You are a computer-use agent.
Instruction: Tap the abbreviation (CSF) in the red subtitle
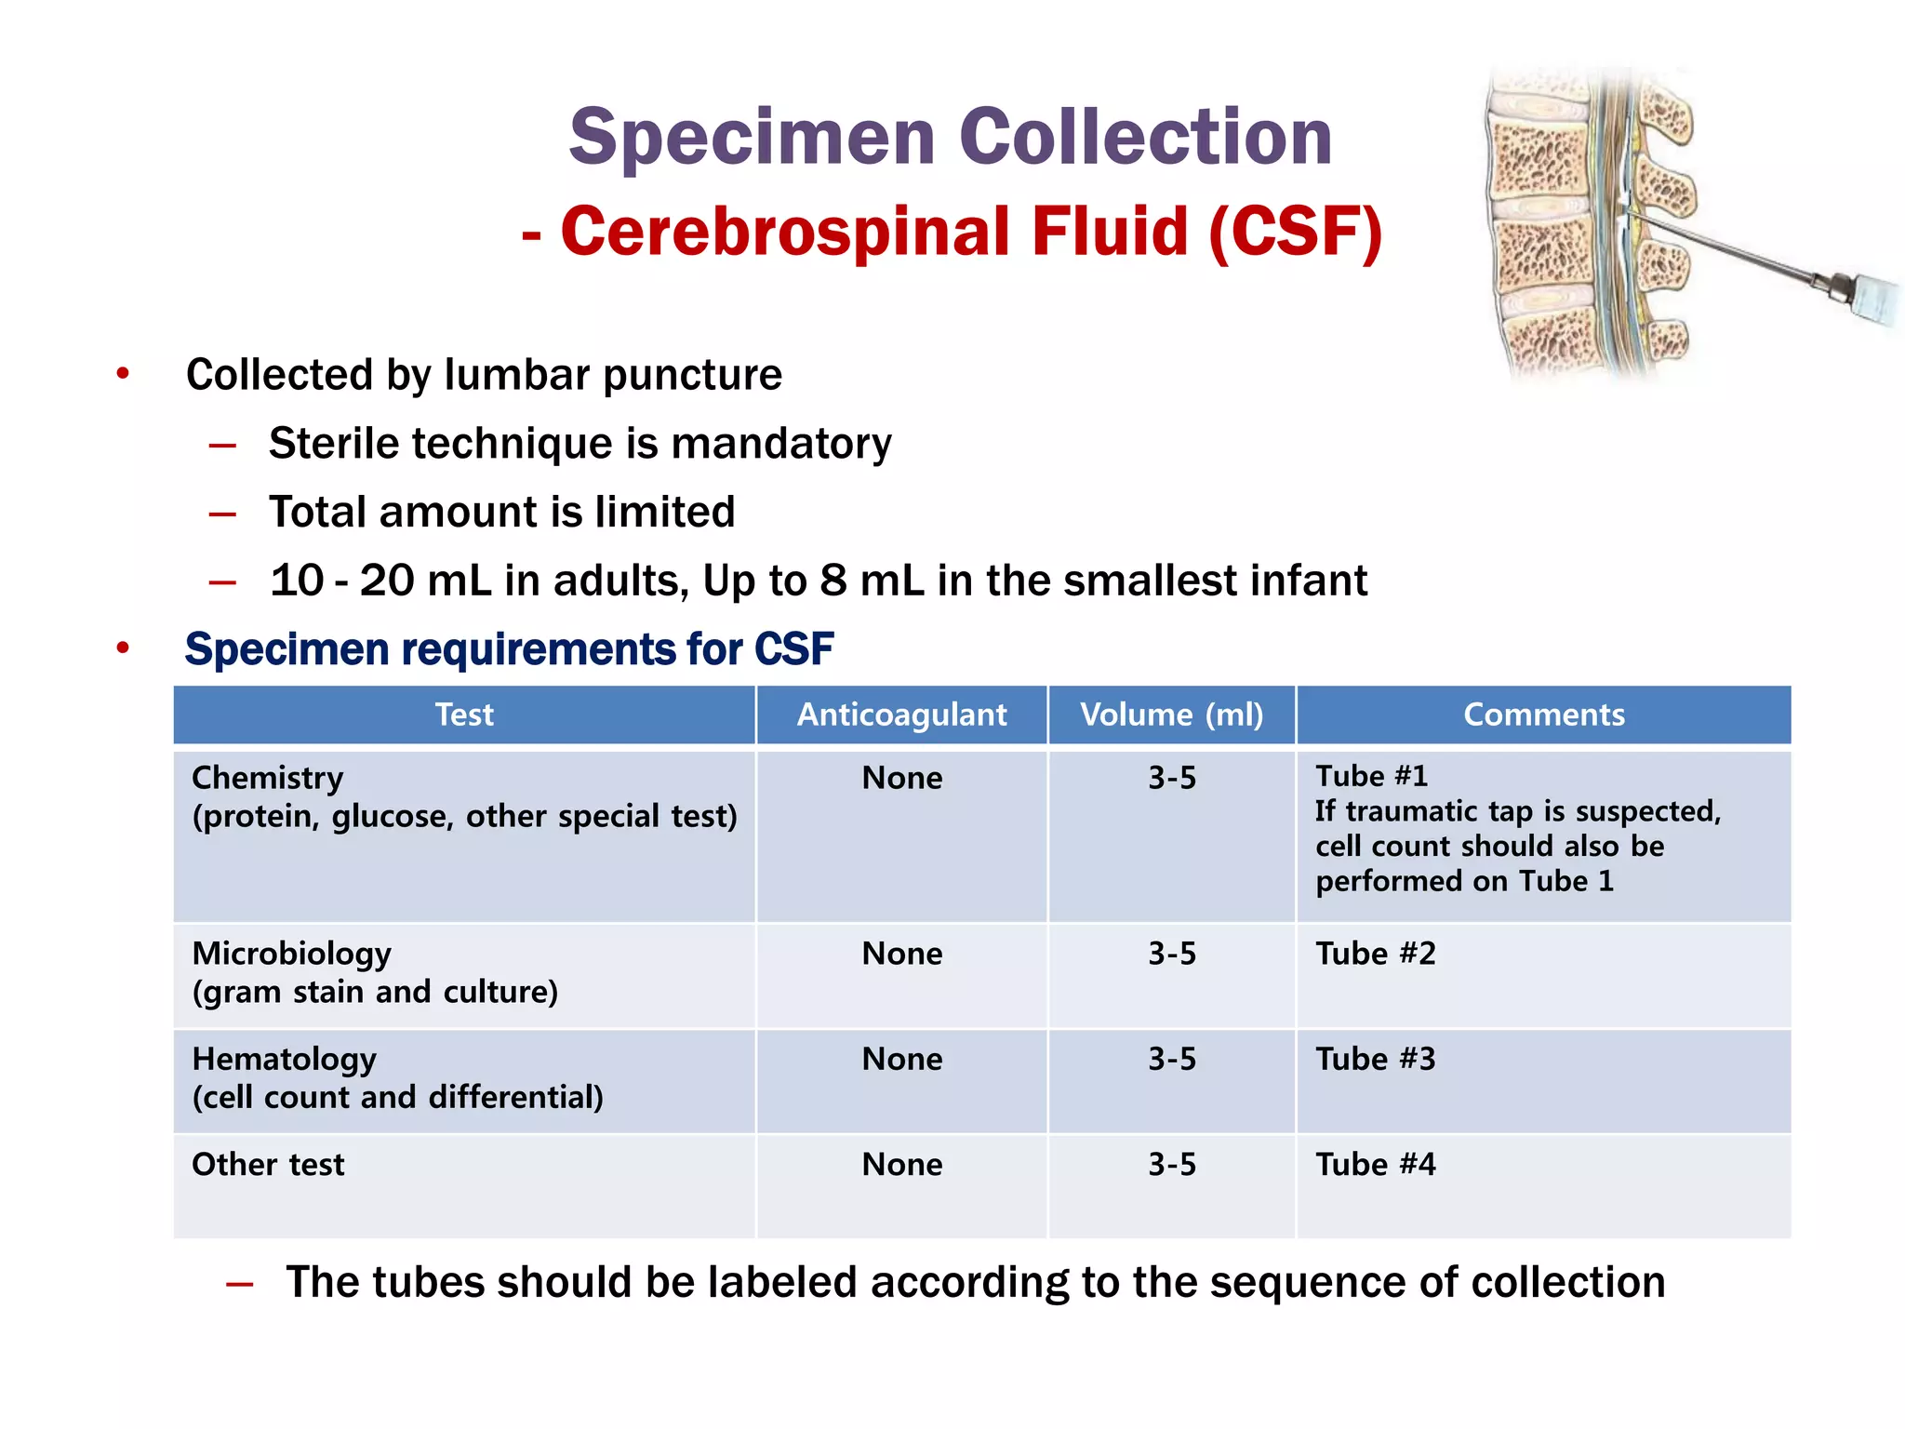point(1295,232)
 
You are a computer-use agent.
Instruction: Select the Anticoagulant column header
point(901,714)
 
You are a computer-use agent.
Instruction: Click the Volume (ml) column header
point(1171,714)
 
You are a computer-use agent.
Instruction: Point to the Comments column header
point(1543,714)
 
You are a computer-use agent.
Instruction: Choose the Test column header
point(464,714)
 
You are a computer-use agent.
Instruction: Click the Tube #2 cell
point(1375,954)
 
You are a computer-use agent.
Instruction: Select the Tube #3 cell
point(1375,1059)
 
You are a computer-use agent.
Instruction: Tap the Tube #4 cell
point(1375,1164)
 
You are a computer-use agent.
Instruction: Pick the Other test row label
point(268,1164)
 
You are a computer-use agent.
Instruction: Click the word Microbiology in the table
point(291,954)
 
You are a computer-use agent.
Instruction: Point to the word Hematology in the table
point(284,1059)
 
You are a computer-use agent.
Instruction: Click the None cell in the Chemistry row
point(901,778)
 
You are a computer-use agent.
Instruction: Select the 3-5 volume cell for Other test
point(1171,1164)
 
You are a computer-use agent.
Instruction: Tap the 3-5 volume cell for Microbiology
point(1171,954)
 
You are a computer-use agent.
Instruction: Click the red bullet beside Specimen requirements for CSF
point(123,648)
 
